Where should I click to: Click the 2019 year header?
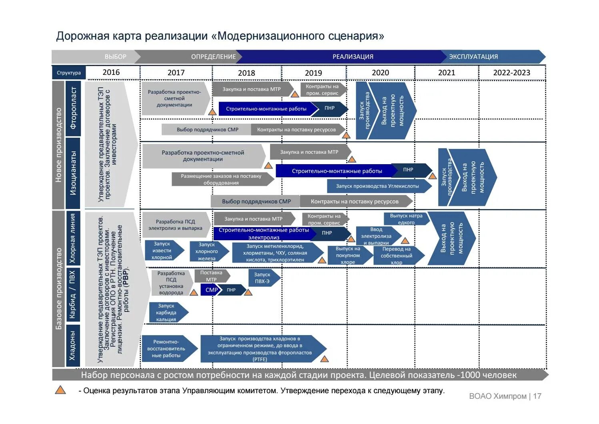click(x=313, y=73)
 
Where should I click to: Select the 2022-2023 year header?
click(x=511, y=72)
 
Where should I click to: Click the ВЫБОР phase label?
click(x=115, y=57)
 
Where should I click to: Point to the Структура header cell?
click(x=69, y=73)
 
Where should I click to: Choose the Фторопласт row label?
click(x=73, y=108)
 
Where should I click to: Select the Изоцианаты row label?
click(x=73, y=173)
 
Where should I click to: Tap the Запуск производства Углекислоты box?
click(x=377, y=186)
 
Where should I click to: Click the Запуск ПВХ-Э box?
click(x=262, y=278)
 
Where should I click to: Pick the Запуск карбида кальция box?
click(x=166, y=312)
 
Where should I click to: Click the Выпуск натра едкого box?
click(x=406, y=219)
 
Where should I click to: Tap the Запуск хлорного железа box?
click(x=207, y=251)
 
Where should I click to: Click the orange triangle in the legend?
click(x=60, y=390)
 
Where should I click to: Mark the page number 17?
click(x=537, y=396)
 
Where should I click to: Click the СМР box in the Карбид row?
click(x=211, y=290)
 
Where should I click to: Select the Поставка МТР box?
click(x=211, y=276)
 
